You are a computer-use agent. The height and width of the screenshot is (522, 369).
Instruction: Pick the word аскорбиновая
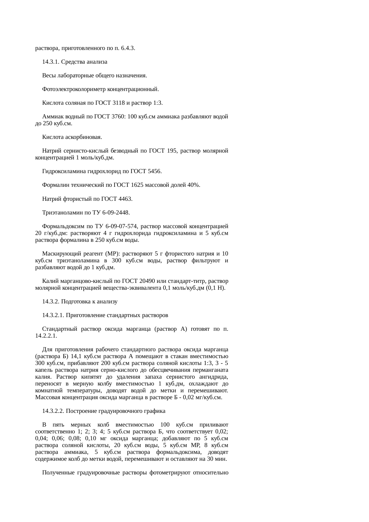pos(84,137)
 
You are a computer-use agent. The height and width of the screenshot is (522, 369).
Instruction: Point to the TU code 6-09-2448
pos(114,213)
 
